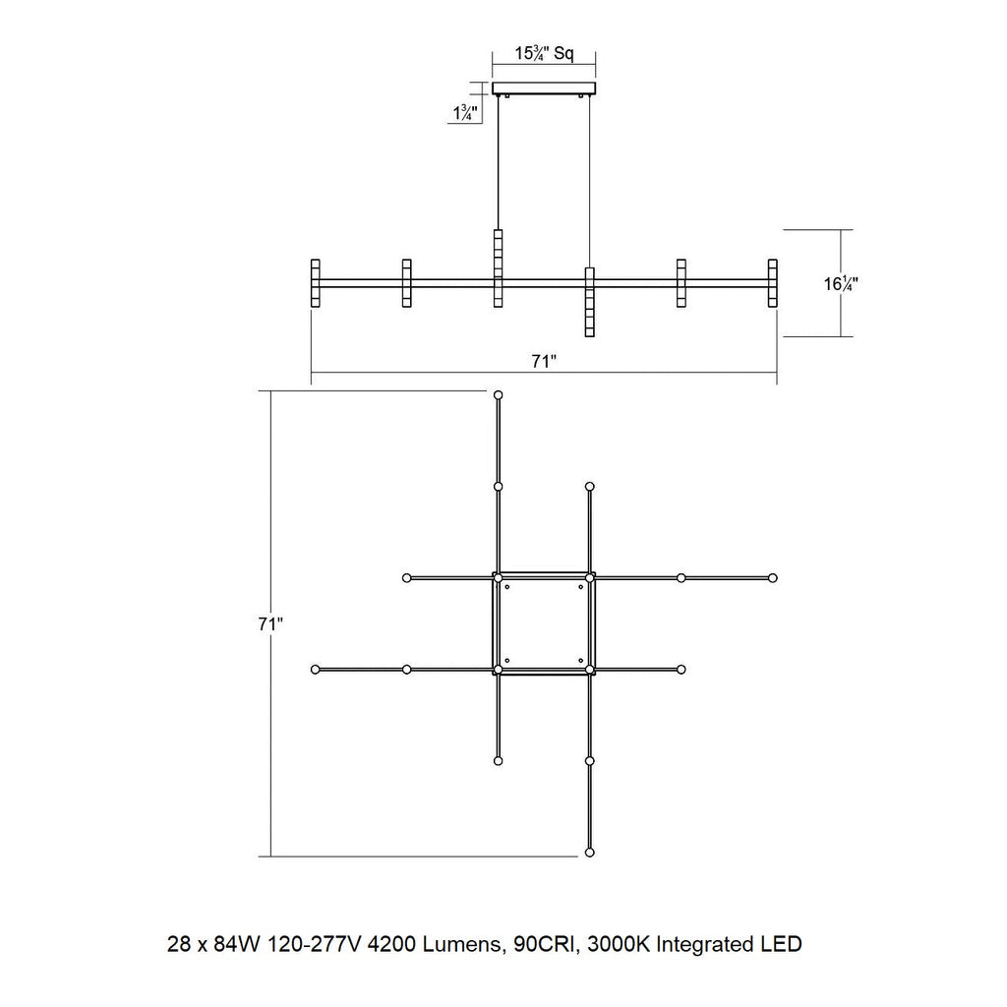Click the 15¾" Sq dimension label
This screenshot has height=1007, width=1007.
543,53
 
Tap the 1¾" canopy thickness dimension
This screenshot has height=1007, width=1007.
465,113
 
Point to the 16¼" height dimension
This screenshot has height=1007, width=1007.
842,283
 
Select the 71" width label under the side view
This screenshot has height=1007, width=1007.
543,362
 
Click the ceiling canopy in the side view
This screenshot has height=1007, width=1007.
544,89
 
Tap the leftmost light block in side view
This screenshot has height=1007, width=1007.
316,283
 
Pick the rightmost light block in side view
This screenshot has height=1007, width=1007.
773,283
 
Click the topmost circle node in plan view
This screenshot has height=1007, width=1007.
499,395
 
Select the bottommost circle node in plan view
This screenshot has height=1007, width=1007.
590,853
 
